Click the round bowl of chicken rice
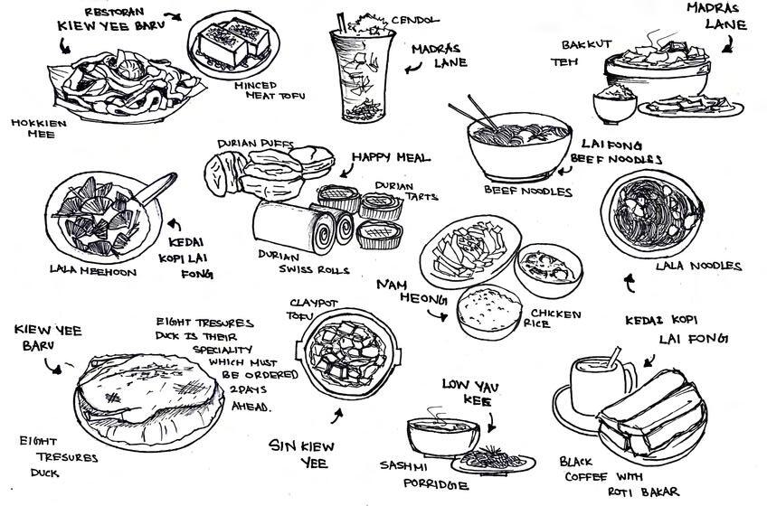pyautogui.click(x=488, y=310)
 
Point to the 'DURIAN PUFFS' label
pyautogui.click(x=254, y=144)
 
